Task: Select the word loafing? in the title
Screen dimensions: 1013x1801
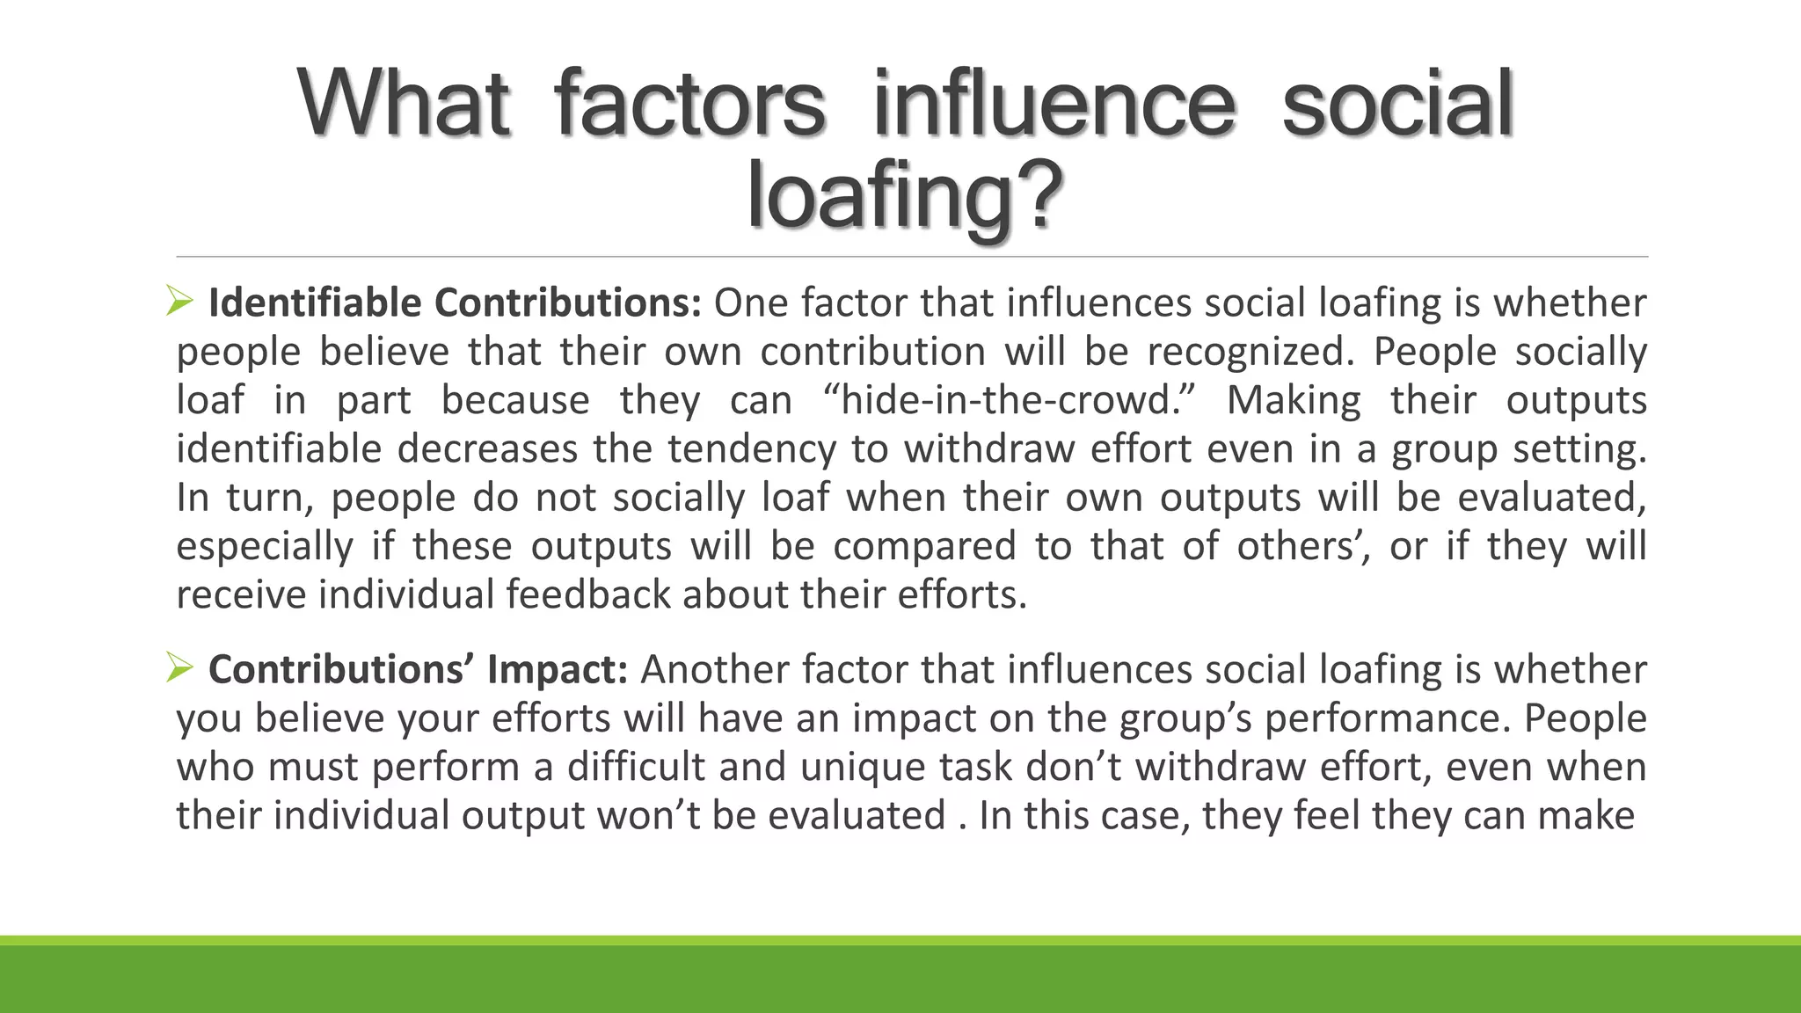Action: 905,197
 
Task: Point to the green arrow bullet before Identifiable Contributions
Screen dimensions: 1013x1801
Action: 179,302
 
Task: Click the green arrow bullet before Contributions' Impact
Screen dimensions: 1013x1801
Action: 179,669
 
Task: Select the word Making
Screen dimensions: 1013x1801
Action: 1294,400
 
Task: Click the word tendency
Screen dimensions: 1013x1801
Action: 752,449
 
